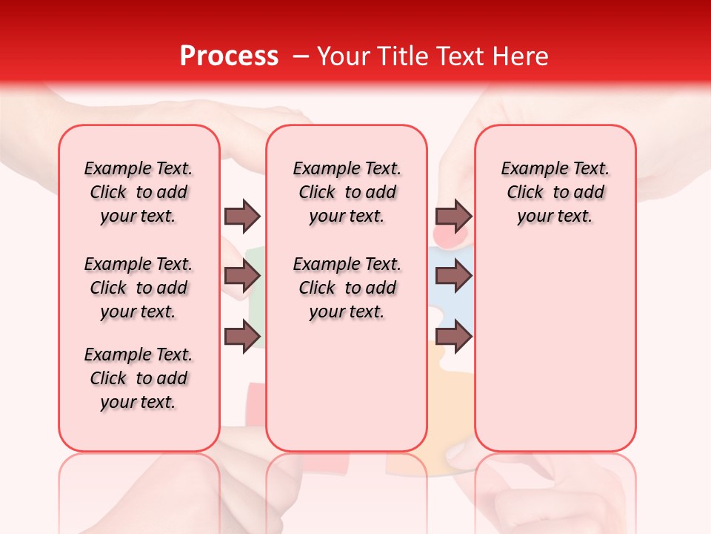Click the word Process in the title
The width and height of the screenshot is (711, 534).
[x=229, y=56]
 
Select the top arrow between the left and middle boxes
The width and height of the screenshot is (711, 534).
[x=242, y=216]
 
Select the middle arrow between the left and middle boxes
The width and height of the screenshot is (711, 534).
[x=242, y=276]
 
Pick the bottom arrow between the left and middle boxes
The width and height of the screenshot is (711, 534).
[x=242, y=336]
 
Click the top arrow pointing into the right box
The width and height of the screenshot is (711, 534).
[x=453, y=216]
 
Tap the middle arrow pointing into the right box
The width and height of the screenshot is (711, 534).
[x=453, y=276]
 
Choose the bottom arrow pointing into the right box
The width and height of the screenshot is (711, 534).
[x=453, y=336]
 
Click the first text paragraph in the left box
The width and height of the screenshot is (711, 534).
[x=138, y=192]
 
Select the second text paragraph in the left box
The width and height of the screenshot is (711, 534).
[x=138, y=288]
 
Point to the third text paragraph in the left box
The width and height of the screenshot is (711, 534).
[x=138, y=378]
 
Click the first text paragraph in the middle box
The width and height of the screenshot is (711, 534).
[x=347, y=192]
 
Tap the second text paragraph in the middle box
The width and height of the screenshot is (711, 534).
[x=347, y=288]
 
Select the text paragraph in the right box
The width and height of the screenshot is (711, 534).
[x=555, y=192]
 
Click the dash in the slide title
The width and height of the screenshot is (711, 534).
[x=301, y=56]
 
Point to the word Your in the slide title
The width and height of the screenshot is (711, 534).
[x=343, y=56]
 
